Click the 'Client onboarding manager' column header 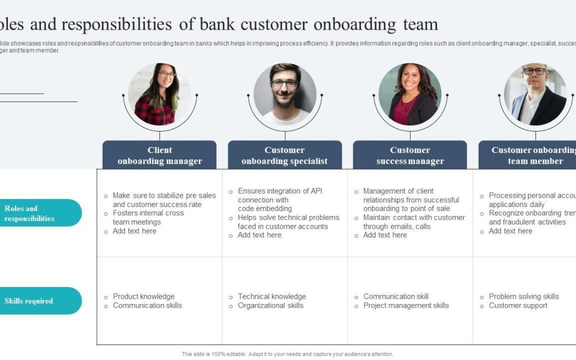159,155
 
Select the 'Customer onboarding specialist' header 285,155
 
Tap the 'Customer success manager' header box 410,155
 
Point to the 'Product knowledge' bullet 143,297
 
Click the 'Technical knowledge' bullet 272,297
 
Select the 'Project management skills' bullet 406,306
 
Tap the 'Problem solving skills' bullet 524,297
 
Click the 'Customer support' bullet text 518,306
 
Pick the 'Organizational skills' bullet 270,306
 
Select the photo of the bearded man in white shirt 285,95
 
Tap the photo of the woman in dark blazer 410,95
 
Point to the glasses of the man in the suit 534,71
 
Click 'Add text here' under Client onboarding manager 134,231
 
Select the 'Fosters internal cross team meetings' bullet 148,218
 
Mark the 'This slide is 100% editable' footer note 287,354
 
